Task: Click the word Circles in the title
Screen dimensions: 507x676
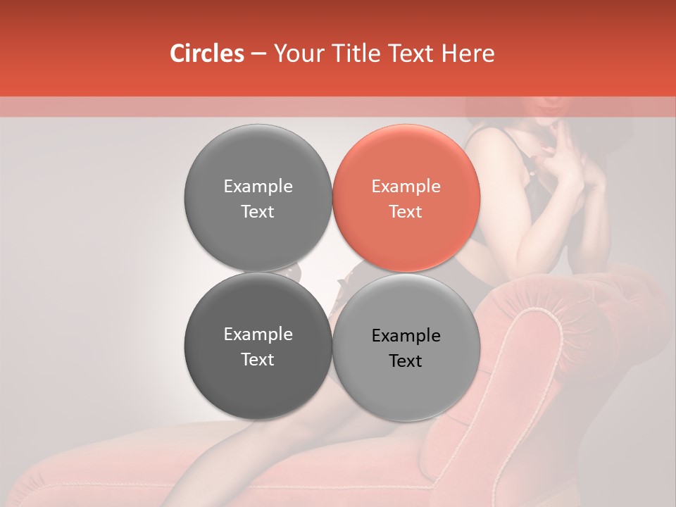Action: (x=207, y=54)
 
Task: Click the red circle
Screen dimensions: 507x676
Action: (x=406, y=198)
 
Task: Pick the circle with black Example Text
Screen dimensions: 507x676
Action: (x=406, y=347)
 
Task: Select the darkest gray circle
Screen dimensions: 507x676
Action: (x=258, y=346)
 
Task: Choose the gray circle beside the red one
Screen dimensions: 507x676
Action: (x=258, y=198)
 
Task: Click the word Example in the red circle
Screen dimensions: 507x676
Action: (x=406, y=186)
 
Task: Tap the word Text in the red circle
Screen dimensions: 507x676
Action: (x=406, y=211)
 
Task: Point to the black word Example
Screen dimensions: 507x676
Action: (x=406, y=335)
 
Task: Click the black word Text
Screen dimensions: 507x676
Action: (x=406, y=361)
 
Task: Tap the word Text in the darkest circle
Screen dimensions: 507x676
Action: (x=258, y=359)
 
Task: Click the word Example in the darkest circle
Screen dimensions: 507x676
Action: (x=258, y=334)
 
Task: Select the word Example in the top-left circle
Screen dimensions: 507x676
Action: (x=258, y=186)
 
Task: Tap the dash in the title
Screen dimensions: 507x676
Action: (x=258, y=54)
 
